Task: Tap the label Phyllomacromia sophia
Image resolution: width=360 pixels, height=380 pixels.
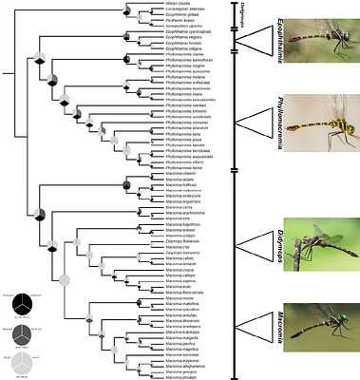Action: pos(190,54)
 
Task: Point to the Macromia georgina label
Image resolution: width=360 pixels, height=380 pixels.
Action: pos(182,372)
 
